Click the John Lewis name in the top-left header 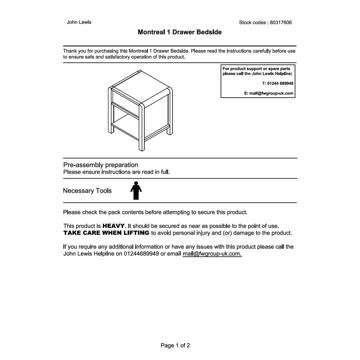(79, 22)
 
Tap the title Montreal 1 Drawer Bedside (179, 32)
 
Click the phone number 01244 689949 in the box (280, 83)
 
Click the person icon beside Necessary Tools (136, 190)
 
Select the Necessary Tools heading (87, 191)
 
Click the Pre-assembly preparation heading (100, 165)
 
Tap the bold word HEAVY (113, 226)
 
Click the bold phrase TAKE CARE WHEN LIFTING (106, 233)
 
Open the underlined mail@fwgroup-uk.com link (212, 254)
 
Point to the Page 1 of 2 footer (175, 345)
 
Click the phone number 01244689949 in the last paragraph (141, 254)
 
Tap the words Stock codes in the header (252, 22)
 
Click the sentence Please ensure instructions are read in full (116, 172)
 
